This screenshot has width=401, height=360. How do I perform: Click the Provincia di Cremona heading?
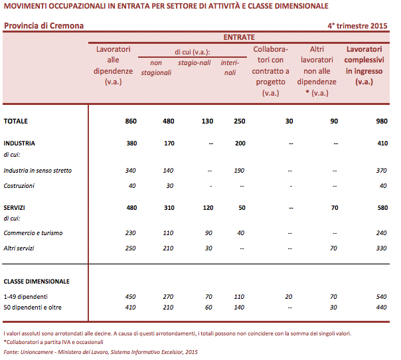click(x=44, y=27)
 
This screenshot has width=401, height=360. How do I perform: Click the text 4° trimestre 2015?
click(x=358, y=27)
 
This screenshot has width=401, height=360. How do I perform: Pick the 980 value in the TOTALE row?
click(x=381, y=122)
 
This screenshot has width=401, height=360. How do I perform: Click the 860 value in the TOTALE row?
click(x=131, y=122)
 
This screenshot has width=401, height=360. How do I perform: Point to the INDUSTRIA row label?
click(x=19, y=143)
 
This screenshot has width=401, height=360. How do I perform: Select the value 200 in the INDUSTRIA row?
click(x=239, y=143)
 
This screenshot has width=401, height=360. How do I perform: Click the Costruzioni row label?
click(x=19, y=185)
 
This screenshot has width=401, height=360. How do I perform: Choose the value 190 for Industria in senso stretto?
click(x=239, y=171)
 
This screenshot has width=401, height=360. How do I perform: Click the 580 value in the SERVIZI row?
click(x=381, y=207)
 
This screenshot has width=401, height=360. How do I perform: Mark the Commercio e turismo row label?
click(x=33, y=233)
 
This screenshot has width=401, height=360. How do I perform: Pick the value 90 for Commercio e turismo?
click(x=208, y=233)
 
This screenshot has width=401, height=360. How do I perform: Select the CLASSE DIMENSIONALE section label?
click(x=37, y=281)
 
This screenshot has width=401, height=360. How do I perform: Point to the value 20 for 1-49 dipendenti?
click(x=288, y=296)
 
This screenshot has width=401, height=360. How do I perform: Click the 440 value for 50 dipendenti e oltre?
click(x=381, y=308)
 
